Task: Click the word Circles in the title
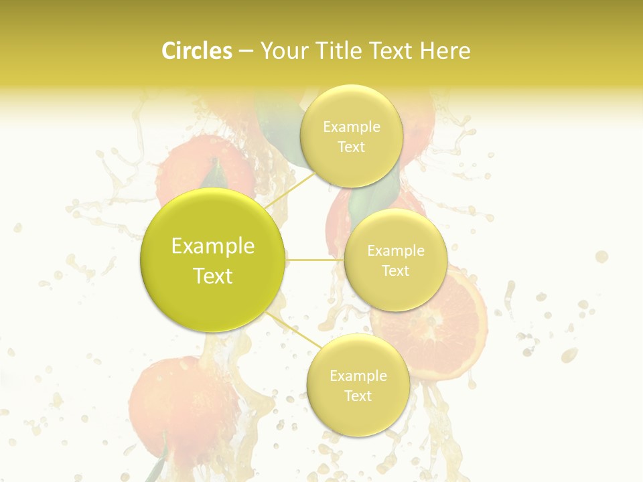[x=196, y=51]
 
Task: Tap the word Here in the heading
[x=445, y=51]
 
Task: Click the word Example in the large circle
[x=213, y=246]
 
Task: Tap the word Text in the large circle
[x=213, y=276]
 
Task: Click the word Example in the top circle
[x=352, y=127]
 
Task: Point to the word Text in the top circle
[x=351, y=147]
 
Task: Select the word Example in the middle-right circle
[x=396, y=251]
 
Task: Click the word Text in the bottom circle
[x=358, y=396]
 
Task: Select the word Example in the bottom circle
[x=358, y=376]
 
